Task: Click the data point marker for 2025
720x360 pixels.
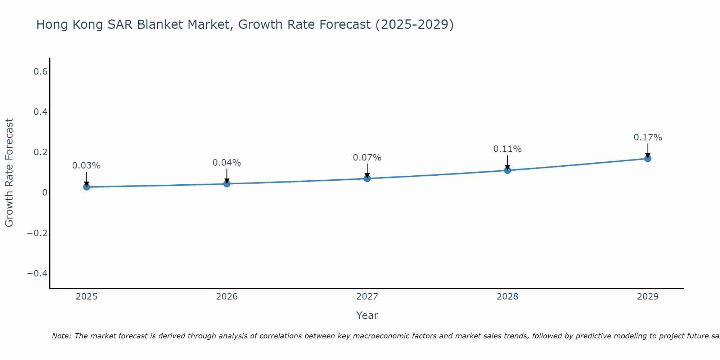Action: pyautogui.click(x=86, y=187)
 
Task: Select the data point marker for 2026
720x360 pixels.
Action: pyautogui.click(x=227, y=184)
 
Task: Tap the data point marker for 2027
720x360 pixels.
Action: pyautogui.click(x=367, y=178)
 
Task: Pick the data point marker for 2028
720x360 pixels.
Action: pyautogui.click(x=507, y=170)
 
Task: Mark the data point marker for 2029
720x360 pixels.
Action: pyautogui.click(x=648, y=158)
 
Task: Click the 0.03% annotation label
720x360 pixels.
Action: pyautogui.click(x=86, y=166)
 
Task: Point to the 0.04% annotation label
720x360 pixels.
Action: pyautogui.click(x=227, y=163)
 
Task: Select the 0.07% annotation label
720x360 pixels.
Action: pyautogui.click(x=367, y=158)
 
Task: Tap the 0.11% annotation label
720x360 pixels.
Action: pyautogui.click(x=507, y=149)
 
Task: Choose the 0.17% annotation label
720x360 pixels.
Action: pyautogui.click(x=648, y=138)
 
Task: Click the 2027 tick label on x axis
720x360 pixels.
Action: pyautogui.click(x=367, y=297)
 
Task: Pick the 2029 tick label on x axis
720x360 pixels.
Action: pyautogui.click(x=648, y=297)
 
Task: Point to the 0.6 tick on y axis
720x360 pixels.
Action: pyautogui.click(x=40, y=72)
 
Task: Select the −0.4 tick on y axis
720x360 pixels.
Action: pyautogui.click(x=37, y=273)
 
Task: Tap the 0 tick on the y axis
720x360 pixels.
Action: pyautogui.click(x=45, y=193)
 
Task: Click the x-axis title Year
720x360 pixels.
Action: pyautogui.click(x=367, y=315)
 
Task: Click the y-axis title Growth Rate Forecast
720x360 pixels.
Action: pyautogui.click(x=9, y=173)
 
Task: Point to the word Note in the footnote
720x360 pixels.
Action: pyautogui.click(x=62, y=336)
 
